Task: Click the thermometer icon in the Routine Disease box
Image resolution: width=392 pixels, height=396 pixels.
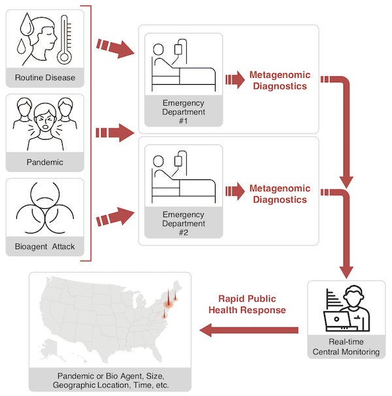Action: pos(64,40)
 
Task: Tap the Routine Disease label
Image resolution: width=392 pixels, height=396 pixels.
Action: pos(45,78)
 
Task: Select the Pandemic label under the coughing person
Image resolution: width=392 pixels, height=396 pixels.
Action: pos(45,162)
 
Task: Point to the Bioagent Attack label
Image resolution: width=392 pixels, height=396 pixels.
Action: pos(45,246)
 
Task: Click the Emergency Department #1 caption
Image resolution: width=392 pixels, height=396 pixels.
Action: pos(184,113)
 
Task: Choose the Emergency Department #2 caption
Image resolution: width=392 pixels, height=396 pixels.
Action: pos(184,223)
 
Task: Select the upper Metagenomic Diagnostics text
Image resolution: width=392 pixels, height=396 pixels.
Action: pos(280,81)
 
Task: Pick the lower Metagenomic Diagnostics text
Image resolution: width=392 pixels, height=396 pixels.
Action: pos(280,194)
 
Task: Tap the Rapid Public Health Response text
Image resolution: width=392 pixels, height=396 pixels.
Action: pos(247,305)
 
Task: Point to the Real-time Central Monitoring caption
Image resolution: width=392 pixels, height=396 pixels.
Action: pos(346,348)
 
